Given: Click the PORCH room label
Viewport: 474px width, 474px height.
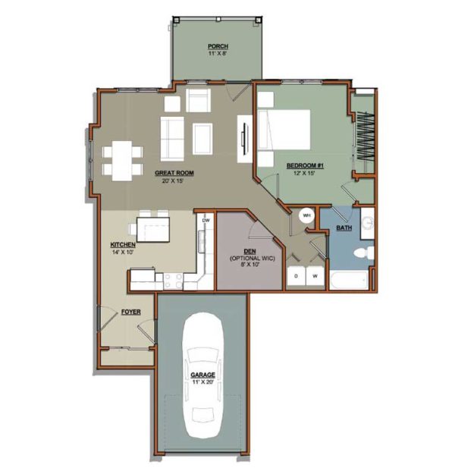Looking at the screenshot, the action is pos(218,46).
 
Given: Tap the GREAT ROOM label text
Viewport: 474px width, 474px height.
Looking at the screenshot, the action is pos(174,173).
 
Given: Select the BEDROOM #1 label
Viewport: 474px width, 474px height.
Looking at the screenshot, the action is pos(305,165).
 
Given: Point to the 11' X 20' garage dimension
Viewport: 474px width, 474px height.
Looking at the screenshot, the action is pos(202,382).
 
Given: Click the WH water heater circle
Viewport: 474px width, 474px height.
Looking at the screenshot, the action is pos(306,215).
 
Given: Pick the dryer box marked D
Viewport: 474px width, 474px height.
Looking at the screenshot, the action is pos(296,276).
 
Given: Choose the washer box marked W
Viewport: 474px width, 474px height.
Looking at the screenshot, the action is pos(315,276).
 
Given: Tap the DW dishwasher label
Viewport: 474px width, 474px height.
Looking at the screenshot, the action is pos(206,221).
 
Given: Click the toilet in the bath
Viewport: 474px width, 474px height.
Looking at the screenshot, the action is pos(364,253).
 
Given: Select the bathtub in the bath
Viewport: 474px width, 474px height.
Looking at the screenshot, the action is pos(349,281).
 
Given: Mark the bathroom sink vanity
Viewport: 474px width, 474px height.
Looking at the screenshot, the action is pos(367,224).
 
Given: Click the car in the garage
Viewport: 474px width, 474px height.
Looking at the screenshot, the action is pos(202,375).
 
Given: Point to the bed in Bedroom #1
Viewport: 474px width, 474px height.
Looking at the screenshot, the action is pos(284,130).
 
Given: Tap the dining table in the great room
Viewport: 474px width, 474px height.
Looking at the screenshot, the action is pos(122,161).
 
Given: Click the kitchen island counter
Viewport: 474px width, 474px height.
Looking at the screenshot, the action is pos(153,230).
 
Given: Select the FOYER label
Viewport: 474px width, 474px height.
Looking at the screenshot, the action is pos(131,312).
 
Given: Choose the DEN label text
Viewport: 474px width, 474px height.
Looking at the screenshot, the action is pos(250,252).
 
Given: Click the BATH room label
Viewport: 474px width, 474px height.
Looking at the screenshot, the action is pos(344,228).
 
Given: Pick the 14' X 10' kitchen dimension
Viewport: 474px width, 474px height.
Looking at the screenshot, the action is pos(122,252).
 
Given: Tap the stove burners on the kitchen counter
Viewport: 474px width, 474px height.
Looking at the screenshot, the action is pos(173,281).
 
